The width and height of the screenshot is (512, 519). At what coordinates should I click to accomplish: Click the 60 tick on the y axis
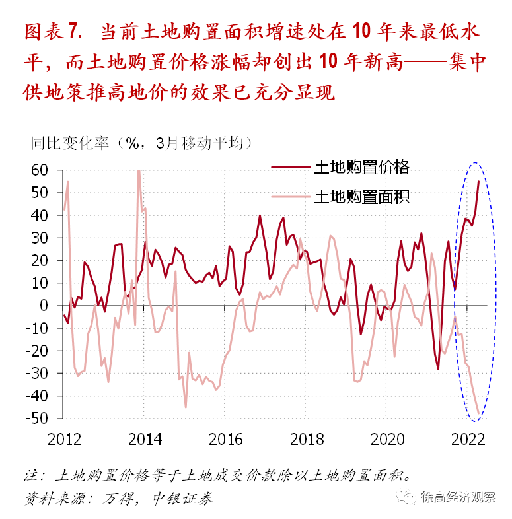click(x=39, y=170)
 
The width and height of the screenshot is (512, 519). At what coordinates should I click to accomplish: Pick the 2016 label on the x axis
click(x=227, y=438)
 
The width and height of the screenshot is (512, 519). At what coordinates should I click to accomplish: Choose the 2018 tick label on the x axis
click(x=307, y=438)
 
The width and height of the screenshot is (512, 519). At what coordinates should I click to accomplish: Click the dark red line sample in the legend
click(x=291, y=168)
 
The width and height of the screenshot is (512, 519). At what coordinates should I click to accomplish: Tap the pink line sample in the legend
click(x=291, y=197)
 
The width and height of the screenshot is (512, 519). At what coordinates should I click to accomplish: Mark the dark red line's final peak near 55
click(x=479, y=181)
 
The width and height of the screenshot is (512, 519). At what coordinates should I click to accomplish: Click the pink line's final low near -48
click(x=478, y=413)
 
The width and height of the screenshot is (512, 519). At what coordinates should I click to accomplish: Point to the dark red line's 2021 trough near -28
click(x=438, y=368)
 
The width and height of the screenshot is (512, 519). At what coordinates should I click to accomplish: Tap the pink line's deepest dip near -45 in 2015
click(x=186, y=407)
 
